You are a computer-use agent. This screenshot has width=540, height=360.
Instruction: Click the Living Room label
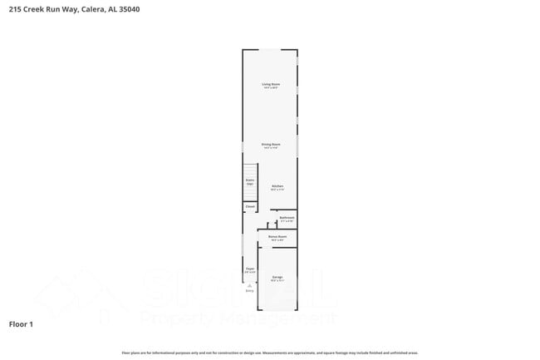pyautogui.click(x=270, y=84)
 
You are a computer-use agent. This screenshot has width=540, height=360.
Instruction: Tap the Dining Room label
pyautogui.click(x=271, y=145)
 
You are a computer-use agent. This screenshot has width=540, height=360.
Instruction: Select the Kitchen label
pyautogui.click(x=277, y=185)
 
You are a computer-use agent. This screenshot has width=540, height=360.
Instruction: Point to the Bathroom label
pyautogui.click(x=287, y=218)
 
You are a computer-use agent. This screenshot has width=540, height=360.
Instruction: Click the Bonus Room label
pyautogui.click(x=277, y=237)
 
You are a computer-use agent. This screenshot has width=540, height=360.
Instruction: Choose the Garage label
pyautogui.click(x=277, y=277)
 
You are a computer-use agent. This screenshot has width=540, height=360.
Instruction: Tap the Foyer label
pyautogui.click(x=249, y=269)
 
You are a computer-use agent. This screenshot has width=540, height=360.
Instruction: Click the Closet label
pyautogui.click(x=249, y=206)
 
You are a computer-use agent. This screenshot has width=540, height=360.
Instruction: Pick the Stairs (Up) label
pyautogui.click(x=249, y=181)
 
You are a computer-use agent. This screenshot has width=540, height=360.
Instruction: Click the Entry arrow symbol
pyautogui.click(x=249, y=284)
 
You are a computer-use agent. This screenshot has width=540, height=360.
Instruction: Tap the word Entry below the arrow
pyautogui.click(x=249, y=290)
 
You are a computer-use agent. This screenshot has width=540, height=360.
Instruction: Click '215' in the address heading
pyautogui.click(x=14, y=9)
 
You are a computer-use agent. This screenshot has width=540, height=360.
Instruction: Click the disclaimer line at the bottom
pyautogui.click(x=269, y=353)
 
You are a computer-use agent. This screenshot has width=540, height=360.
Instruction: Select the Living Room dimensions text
pyautogui.click(x=270, y=88)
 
